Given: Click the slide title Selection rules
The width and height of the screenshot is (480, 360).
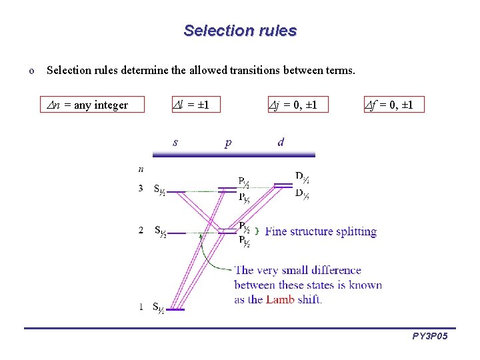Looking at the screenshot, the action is tap(240, 31).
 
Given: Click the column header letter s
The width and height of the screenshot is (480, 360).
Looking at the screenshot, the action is tap(175, 142).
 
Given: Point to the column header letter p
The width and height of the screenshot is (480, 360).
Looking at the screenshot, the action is tap(228, 143).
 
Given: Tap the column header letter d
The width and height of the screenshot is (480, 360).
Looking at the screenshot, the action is tap(281, 142).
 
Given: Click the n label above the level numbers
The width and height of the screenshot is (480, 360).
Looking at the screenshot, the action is tap(141, 169).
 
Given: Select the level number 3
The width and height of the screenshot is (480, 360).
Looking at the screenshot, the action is tap(141, 189).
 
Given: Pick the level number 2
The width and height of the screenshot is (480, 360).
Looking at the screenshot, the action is tap(141, 231).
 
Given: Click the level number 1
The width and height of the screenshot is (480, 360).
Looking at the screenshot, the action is tap(141, 307).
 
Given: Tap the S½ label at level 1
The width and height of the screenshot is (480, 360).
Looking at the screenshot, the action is tap(159, 307).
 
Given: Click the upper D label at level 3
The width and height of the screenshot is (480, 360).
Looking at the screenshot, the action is tap(302, 177).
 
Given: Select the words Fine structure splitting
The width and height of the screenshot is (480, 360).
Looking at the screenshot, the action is tap(321, 232).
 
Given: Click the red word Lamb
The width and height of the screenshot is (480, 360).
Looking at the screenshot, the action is tap(279, 299).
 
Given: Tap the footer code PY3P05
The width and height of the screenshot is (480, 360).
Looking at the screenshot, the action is tap(430, 337).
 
